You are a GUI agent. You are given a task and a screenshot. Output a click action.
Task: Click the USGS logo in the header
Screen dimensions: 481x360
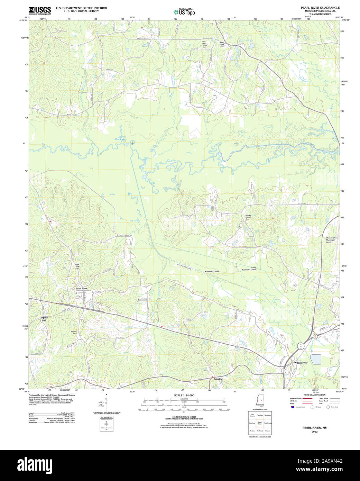40,10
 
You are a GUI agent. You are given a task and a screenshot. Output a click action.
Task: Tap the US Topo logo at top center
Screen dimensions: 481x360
184,12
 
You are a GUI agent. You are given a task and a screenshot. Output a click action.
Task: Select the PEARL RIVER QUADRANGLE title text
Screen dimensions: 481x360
320,8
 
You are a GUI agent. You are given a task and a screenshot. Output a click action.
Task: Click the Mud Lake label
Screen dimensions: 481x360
120,139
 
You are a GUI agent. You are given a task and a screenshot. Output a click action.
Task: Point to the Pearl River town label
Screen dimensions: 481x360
82,288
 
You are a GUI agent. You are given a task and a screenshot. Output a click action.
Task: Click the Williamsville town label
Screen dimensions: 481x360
301,363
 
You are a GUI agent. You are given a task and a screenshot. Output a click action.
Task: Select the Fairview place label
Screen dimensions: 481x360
218,379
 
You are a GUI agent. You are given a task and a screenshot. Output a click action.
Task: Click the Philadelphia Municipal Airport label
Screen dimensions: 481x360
331,240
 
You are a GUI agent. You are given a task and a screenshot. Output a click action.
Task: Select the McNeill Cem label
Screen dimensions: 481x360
74,332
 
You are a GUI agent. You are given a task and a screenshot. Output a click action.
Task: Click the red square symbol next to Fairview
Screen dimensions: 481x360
212,376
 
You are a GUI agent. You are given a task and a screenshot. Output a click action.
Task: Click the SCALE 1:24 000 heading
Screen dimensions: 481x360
184,395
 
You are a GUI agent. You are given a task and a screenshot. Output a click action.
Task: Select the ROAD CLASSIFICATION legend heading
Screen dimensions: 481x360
314,395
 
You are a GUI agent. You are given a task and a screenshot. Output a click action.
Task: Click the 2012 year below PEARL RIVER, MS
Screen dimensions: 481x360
314,432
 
